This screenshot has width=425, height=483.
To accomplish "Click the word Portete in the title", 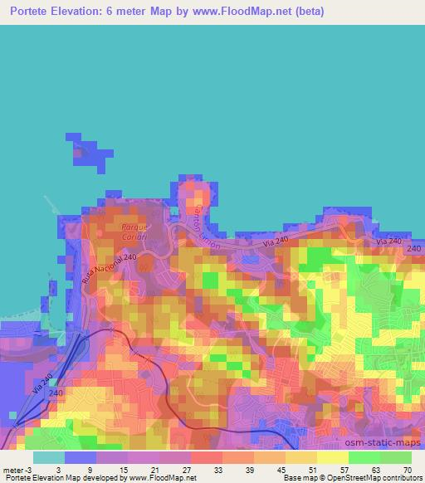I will tap(27, 12).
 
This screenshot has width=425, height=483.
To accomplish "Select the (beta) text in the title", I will tap(305, 12).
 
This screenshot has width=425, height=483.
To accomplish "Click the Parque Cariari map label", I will tap(134, 232).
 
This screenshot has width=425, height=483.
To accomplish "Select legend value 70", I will tap(406, 470).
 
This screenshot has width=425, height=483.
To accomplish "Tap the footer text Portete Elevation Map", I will tap(37, 478).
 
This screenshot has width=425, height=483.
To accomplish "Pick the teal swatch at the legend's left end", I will tap(49, 457).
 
